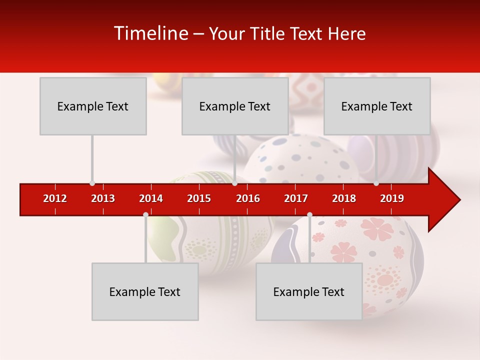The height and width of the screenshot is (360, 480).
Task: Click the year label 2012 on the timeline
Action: click(x=55, y=198)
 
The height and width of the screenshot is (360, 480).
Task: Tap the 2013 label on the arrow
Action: click(x=103, y=198)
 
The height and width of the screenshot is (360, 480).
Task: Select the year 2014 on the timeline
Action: click(x=151, y=198)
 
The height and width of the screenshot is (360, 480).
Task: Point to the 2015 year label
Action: click(x=199, y=198)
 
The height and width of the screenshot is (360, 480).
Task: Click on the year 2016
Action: click(x=248, y=198)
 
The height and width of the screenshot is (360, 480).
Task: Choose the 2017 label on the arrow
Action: click(x=296, y=198)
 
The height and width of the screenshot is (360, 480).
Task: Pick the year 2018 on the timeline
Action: click(x=344, y=198)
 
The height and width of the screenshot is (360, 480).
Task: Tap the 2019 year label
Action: click(x=392, y=198)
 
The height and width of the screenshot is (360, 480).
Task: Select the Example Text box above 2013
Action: click(x=93, y=106)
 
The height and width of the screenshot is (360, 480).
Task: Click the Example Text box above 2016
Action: click(x=235, y=106)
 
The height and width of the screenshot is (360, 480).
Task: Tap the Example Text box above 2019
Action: click(x=377, y=106)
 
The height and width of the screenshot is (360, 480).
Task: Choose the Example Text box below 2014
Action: click(x=145, y=291)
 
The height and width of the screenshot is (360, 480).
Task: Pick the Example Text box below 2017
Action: click(x=309, y=291)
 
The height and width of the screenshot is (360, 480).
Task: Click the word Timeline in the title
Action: click(x=150, y=33)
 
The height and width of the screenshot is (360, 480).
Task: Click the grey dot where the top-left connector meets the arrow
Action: click(x=92, y=183)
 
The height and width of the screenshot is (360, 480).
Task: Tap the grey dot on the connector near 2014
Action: click(x=145, y=214)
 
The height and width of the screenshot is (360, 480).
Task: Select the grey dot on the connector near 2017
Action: click(x=309, y=214)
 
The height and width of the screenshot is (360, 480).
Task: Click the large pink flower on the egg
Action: click(x=377, y=229)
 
